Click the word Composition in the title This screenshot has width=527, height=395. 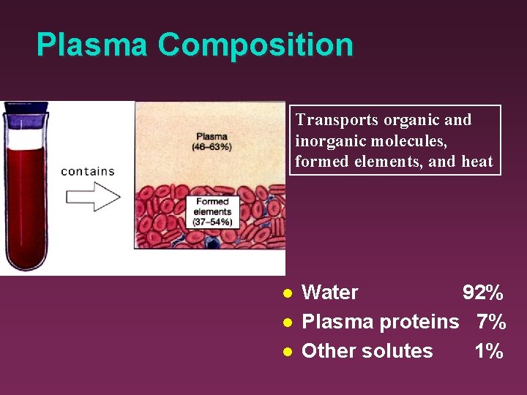coord(255,46)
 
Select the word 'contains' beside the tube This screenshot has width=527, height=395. coord(88,171)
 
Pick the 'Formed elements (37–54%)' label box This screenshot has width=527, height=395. coord(212,211)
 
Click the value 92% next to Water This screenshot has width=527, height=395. coord(482,293)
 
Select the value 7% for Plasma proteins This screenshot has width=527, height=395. coord(490,322)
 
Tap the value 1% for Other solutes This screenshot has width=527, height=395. coord(488,351)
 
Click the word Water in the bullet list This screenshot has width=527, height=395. coord(329,293)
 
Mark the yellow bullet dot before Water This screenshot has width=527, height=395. coord(288,293)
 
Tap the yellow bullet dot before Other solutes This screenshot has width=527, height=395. coord(288,351)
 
